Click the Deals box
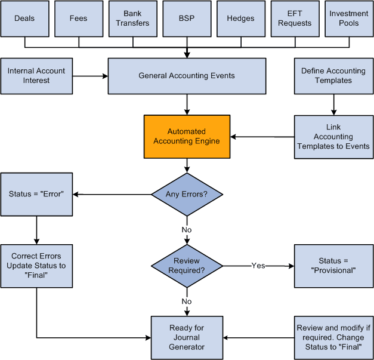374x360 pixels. click(24, 19)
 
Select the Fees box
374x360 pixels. click(79, 19)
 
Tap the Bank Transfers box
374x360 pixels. click(132, 19)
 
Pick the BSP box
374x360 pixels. click(187, 19)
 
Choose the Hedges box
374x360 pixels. click(240, 19)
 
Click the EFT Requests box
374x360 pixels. click(295, 19)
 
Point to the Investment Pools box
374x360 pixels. click(349, 19)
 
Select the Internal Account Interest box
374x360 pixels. click(36, 76)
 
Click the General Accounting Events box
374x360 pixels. click(187, 76)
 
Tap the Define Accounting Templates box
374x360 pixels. click(333, 76)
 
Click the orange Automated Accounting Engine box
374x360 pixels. click(187, 137)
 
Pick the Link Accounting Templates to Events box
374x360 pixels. click(333, 137)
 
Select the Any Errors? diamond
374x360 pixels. click(187, 194)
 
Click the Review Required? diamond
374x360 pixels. click(187, 266)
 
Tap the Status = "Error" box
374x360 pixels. click(36, 194)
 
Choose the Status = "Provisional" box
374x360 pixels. click(333, 266)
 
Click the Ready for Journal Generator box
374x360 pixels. click(187, 337)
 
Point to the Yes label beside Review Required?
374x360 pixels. click(258, 266)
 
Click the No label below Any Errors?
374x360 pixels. click(187, 229)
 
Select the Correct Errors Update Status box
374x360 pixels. click(36, 266)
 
